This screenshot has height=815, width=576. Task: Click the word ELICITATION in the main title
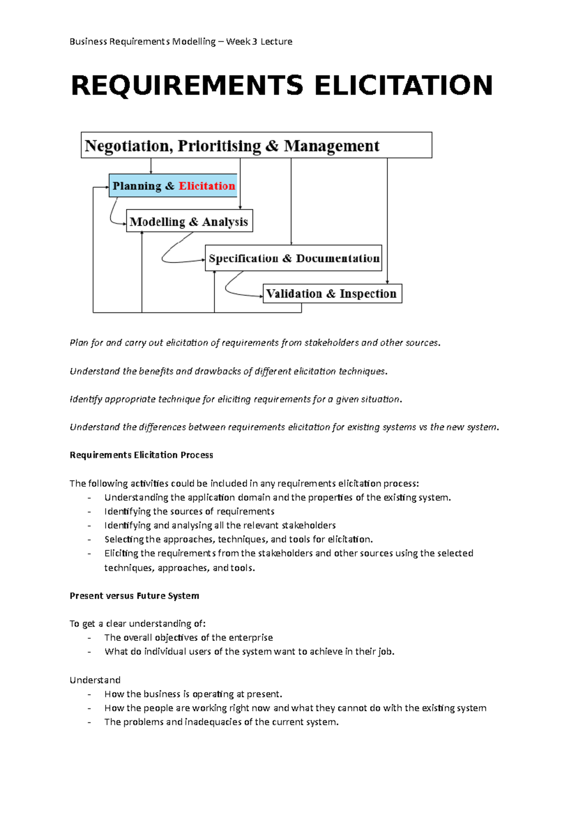pyautogui.click(x=403, y=85)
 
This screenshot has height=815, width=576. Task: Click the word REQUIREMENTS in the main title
pyautogui.click(x=187, y=85)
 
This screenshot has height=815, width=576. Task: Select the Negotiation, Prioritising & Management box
pyautogui.click(x=256, y=145)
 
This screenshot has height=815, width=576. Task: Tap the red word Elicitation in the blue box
pyautogui.click(x=207, y=186)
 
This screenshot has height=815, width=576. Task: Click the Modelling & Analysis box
pyautogui.click(x=189, y=222)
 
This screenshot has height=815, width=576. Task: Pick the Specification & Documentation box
pyautogui.click(x=294, y=259)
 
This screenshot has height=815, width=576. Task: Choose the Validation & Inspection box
pyautogui.click(x=332, y=294)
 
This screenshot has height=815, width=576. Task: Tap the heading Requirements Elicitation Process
pyautogui.click(x=141, y=455)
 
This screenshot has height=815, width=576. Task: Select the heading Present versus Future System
pyautogui.click(x=134, y=596)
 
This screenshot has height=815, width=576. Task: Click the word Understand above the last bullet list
pyautogui.click(x=95, y=680)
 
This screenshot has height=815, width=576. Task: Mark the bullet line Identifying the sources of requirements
pyautogui.click(x=189, y=511)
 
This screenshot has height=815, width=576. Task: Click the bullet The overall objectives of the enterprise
pyautogui.click(x=188, y=637)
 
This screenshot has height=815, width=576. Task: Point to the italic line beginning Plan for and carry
pyautogui.click(x=254, y=343)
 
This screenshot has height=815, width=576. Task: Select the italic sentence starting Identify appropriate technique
pyautogui.click(x=235, y=399)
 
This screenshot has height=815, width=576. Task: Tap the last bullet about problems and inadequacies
pyautogui.click(x=221, y=722)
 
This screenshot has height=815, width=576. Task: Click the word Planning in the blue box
pyautogui.click(x=137, y=186)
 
